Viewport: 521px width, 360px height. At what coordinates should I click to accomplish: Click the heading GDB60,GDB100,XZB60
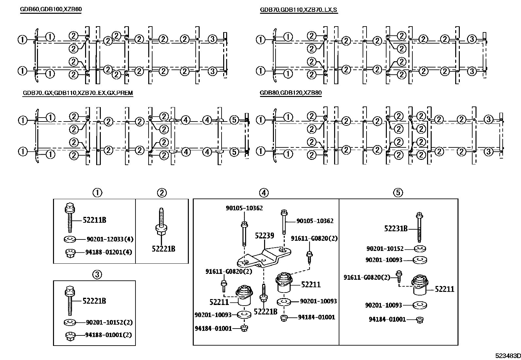coord(51,9)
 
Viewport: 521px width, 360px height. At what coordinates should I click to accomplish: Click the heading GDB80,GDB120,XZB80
coord(291,93)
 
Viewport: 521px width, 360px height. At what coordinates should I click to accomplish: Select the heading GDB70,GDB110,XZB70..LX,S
coord(298,9)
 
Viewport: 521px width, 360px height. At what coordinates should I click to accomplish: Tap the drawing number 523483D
coord(507,356)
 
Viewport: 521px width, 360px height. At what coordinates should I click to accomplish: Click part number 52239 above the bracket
coord(264,236)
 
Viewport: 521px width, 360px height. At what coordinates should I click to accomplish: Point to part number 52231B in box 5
coord(396,228)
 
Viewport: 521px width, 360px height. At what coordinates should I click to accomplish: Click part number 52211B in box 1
coord(94,220)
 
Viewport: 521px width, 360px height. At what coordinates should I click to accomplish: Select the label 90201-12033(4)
coord(110,239)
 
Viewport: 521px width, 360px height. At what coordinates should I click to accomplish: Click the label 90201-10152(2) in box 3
coord(109,322)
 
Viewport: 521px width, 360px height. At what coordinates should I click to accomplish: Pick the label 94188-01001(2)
coord(108,335)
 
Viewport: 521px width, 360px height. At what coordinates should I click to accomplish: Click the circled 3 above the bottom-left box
coord(97,275)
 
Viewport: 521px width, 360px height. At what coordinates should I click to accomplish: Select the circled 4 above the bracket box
coord(264,193)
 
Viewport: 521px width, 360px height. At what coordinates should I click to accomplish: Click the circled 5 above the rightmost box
coord(398,193)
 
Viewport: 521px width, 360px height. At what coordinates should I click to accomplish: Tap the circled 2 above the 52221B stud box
coord(162,193)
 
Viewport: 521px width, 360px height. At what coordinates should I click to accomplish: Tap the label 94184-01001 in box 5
coord(387,319)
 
